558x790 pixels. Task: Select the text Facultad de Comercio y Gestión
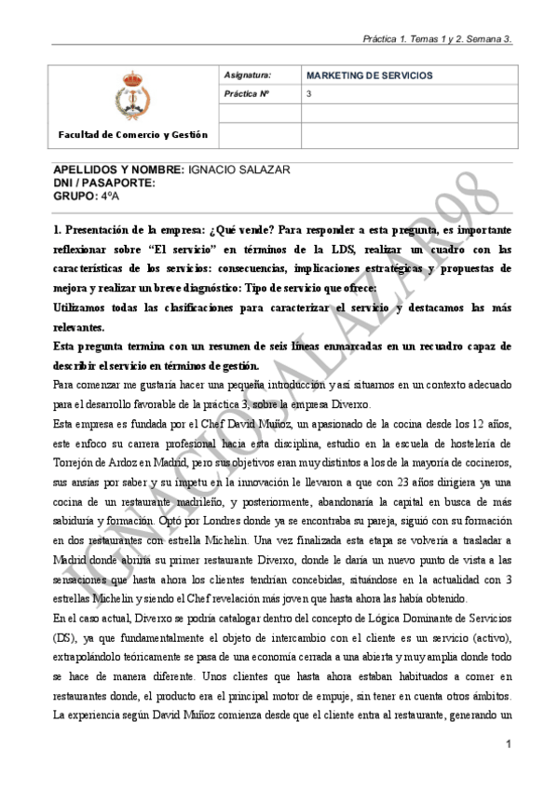coord(133,135)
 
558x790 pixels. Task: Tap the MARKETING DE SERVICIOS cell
coord(369,74)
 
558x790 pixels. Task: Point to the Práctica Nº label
coord(246,94)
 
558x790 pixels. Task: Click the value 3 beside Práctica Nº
coord(309,94)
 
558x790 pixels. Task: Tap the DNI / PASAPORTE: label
coord(103,184)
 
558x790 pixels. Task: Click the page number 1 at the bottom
coord(509,743)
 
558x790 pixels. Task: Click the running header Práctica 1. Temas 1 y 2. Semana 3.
coord(439,39)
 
